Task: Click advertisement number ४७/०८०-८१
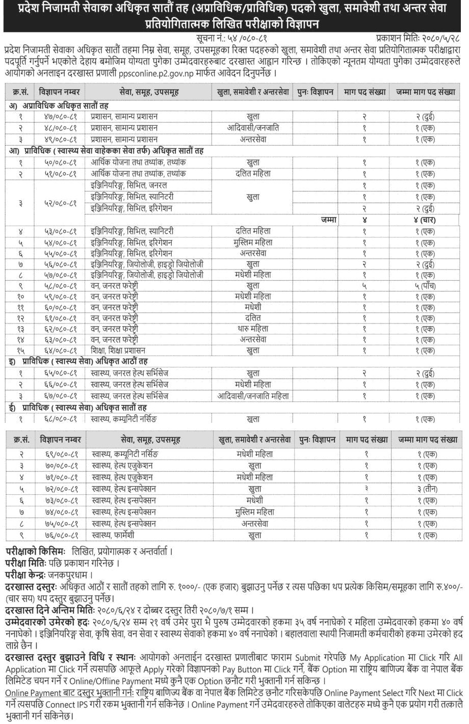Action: (59, 117)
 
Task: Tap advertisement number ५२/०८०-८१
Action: (59, 203)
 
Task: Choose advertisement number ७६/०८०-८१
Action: (59, 535)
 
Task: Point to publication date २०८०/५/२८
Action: (438, 38)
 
